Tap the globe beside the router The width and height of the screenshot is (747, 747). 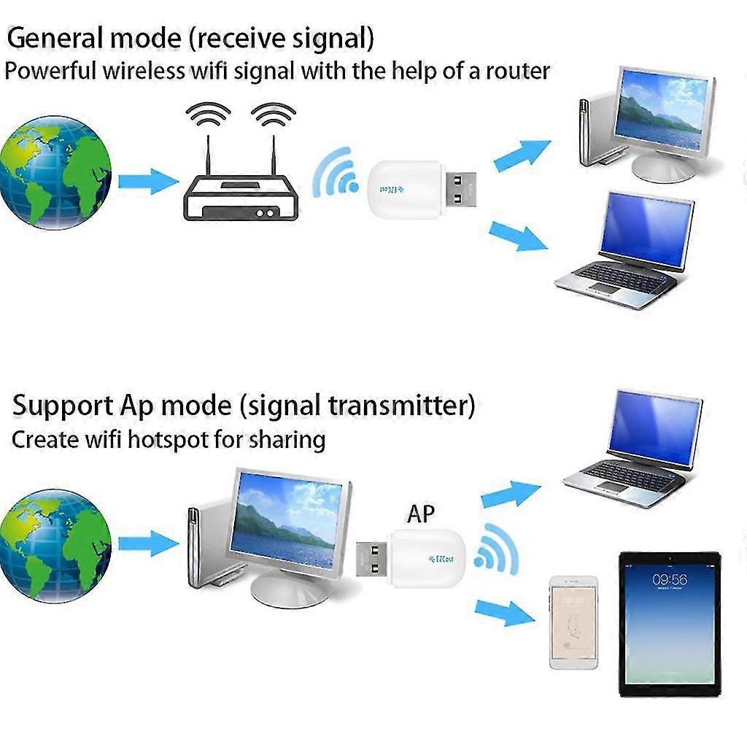click(55, 173)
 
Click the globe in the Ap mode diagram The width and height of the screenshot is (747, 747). click(55, 545)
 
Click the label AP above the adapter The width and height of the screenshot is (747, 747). click(420, 514)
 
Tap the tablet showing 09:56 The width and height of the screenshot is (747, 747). click(669, 624)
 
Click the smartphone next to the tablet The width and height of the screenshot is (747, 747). click(573, 622)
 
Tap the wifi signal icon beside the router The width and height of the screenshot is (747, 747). click(336, 175)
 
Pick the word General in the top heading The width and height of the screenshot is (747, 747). click(58, 38)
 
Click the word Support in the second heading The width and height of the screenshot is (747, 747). click(63, 405)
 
